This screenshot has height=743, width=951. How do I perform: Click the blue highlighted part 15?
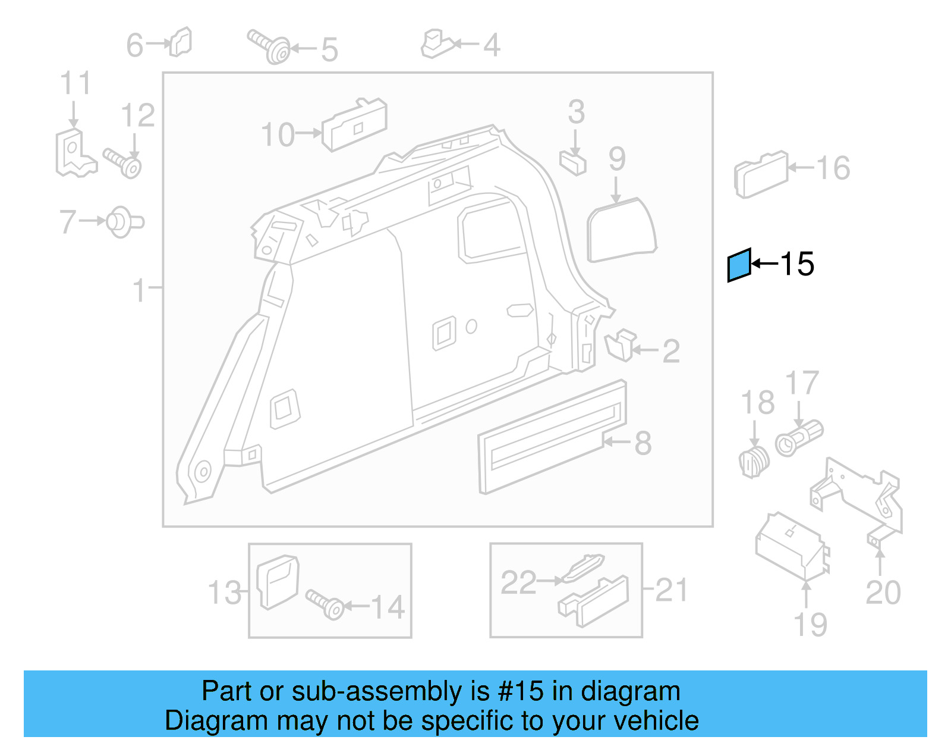click(x=739, y=265)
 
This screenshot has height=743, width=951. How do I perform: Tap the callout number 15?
click(x=796, y=264)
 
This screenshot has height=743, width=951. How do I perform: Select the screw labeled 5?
click(x=270, y=47)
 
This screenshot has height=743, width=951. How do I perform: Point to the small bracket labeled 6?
click(x=181, y=43)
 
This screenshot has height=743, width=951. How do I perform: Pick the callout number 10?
click(x=278, y=135)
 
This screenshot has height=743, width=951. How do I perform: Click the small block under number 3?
click(x=573, y=162)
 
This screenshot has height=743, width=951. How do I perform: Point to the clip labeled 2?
click(x=621, y=346)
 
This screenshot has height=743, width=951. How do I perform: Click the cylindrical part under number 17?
click(x=799, y=437)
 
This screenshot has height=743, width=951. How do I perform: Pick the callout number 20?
click(x=883, y=592)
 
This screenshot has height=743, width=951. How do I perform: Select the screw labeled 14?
click(x=325, y=604)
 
